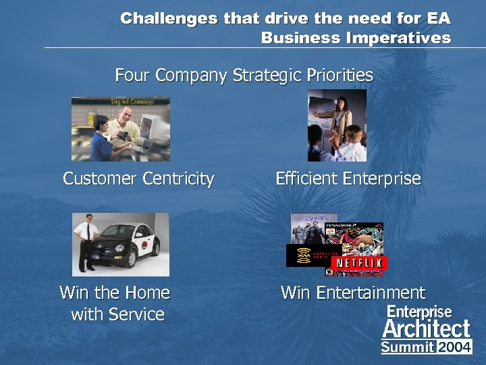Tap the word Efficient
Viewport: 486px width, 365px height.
point(307,179)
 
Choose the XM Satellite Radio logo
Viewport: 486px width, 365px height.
point(307,255)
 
